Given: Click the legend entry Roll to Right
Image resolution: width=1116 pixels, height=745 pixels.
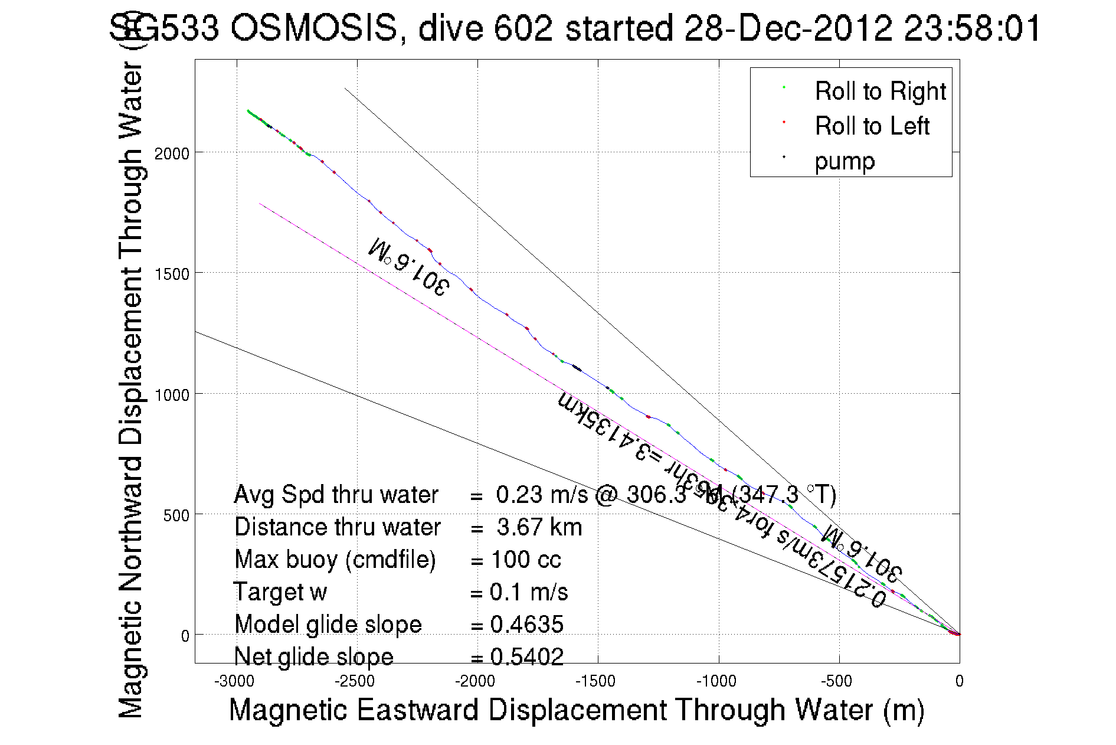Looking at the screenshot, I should coord(880,92).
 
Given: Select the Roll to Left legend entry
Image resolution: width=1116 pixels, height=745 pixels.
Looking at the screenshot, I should coord(872,126).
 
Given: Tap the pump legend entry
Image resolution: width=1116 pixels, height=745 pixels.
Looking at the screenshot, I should coord(845,161).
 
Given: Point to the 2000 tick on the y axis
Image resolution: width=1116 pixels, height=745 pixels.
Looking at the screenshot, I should coord(172,154).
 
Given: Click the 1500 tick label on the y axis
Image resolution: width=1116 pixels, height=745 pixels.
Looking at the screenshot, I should coord(172,275).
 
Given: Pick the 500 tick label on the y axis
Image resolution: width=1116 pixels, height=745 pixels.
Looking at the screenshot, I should coord(176,516).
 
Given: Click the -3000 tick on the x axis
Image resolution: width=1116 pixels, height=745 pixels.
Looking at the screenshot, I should coord(234,681).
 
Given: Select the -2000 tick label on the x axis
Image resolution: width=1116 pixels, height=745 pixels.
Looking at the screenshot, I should coord(475,681).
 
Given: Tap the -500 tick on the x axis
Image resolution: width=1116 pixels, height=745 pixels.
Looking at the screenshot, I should coord(836,681).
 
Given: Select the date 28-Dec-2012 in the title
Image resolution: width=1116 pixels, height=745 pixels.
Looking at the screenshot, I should coord(788,28).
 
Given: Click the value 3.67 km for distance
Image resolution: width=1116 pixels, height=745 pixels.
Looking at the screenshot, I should coord(539,527).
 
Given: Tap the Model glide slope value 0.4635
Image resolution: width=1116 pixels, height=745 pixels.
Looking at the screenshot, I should coord(526,625).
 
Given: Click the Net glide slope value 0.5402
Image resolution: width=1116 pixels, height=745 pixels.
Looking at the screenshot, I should coord(526,656).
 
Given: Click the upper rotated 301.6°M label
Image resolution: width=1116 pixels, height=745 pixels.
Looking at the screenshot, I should coord(408,266).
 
